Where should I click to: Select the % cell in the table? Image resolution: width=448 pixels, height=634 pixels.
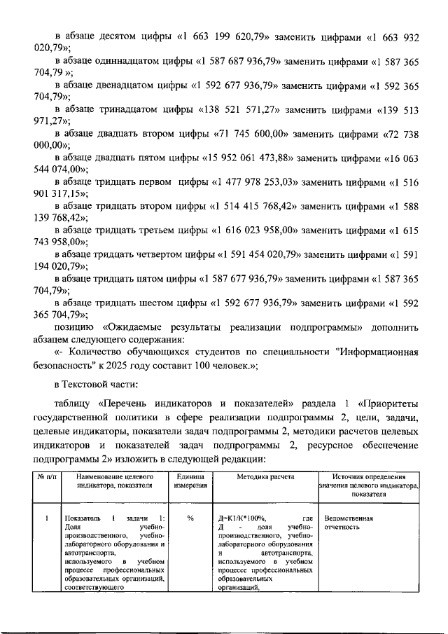[x=189, y=519]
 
